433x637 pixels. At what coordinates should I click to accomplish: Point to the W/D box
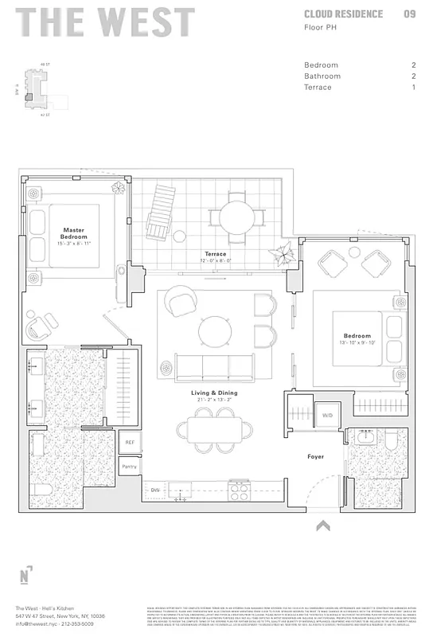click(x=327, y=416)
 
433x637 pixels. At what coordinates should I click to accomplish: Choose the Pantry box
click(x=129, y=467)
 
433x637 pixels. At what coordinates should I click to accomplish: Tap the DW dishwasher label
click(x=155, y=490)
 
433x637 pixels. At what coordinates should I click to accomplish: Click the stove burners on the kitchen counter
click(x=240, y=491)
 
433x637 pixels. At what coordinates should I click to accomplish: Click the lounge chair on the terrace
click(x=159, y=210)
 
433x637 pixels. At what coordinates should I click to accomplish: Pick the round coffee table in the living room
click(x=215, y=330)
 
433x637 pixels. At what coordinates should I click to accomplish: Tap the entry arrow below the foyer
click(x=322, y=525)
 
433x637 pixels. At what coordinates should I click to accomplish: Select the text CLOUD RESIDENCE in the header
click(x=343, y=14)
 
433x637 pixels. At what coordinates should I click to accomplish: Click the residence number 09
click(x=409, y=14)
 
